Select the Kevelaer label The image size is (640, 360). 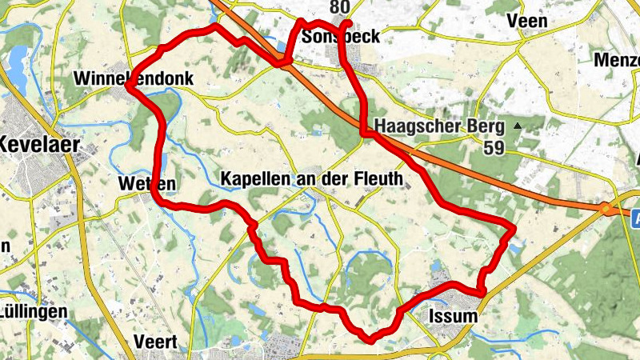(35, 145)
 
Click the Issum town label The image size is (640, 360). (453, 316)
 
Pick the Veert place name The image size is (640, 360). (155, 341)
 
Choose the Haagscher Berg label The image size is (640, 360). (439, 126)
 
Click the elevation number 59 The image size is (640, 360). (494, 146)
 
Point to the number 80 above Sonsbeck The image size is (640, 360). (339, 8)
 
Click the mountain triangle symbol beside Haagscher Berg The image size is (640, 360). (518, 126)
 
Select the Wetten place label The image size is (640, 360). (146, 184)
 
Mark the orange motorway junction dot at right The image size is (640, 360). (606, 209)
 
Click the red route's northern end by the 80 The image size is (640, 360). (347, 22)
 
